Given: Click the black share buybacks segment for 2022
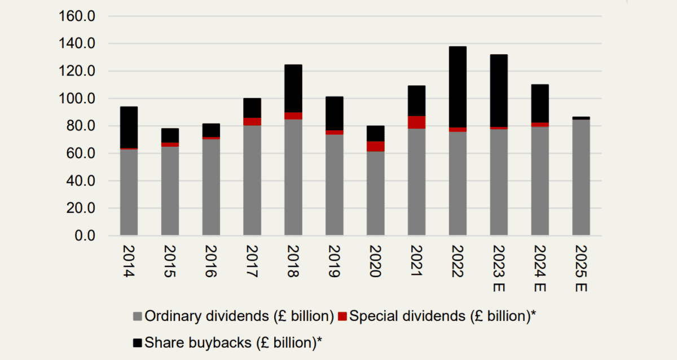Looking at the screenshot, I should click(x=458, y=87).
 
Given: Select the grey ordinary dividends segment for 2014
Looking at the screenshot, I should click(x=129, y=192).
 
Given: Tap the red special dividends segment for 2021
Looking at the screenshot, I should click(x=417, y=122).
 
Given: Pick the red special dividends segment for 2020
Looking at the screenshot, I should click(x=376, y=146).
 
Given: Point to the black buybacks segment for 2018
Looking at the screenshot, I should click(x=293, y=89).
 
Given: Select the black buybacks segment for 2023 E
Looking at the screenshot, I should click(x=499, y=91).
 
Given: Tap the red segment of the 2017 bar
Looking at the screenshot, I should click(x=252, y=121).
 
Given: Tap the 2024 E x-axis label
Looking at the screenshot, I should click(x=540, y=269).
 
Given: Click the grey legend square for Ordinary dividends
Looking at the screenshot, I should click(x=138, y=317).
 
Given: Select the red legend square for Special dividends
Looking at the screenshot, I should click(x=342, y=317).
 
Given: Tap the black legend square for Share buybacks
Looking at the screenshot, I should click(x=138, y=342).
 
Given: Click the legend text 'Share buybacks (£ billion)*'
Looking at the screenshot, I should click(x=236, y=342).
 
